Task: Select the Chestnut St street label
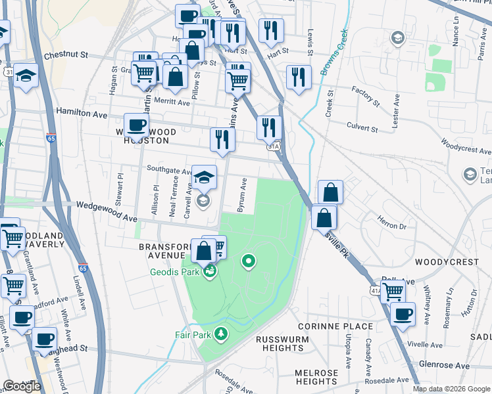(x=66, y=56)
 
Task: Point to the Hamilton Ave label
(x=82, y=114)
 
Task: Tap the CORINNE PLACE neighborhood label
(x=335, y=326)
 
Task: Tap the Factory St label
(x=366, y=96)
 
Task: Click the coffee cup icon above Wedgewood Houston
(x=137, y=124)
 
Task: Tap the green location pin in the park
(x=248, y=262)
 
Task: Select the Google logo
(x=22, y=386)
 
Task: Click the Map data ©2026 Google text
(x=451, y=389)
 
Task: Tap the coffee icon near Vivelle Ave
(x=403, y=314)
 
